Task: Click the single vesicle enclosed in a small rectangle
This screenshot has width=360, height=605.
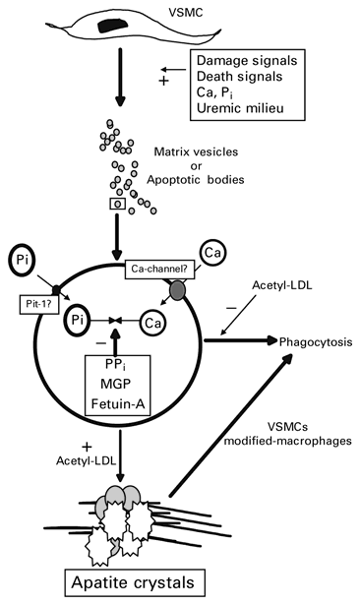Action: [146, 206]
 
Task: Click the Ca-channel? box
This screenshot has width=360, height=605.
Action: [179, 268]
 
